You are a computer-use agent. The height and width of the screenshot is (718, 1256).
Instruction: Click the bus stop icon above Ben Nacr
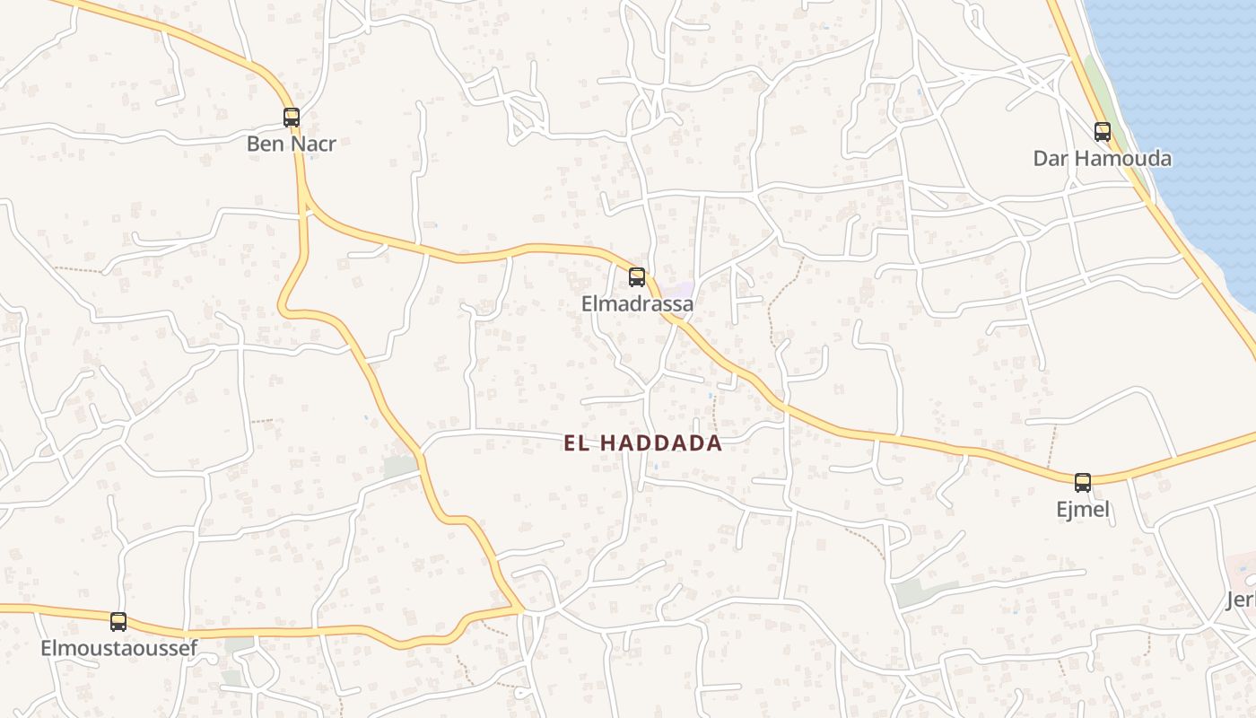click(x=292, y=117)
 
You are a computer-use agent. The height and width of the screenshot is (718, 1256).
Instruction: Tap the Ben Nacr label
click(x=292, y=144)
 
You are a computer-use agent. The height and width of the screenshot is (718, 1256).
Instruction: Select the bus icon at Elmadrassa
click(x=637, y=276)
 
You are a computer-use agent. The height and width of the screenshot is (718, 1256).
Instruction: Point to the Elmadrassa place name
click(x=637, y=304)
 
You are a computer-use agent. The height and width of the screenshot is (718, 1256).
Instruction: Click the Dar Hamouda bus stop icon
click(x=1103, y=132)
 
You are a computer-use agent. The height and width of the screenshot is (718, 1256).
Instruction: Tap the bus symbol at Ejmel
click(x=1083, y=482)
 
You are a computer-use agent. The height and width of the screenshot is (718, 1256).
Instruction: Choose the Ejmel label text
click(x=1083, y=510)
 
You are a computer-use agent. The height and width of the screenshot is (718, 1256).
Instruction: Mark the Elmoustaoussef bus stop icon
click(x=118, y=621)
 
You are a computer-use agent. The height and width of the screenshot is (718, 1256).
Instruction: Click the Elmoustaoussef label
click(x=118, y=648)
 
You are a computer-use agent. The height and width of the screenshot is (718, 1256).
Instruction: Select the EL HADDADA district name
click(x=643, y=443)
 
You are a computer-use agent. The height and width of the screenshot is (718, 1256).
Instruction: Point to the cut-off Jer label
click(x=1242, y=600)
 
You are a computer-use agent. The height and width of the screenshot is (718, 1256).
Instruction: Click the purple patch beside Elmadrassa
click(x=684, y=289)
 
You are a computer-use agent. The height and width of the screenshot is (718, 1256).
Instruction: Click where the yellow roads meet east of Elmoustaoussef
click(x=520, y=609)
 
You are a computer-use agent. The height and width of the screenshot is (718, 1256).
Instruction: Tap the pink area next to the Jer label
click(x=1243, y=565)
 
